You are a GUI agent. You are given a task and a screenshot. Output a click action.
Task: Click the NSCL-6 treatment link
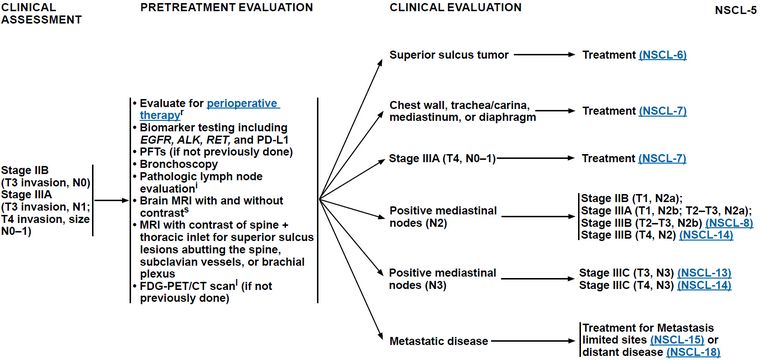pyautogui.click(x=663, y=55)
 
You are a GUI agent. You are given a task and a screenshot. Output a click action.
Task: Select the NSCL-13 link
pyautogui.click(x=707, y=273)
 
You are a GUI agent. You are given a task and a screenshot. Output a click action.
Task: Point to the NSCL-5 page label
pyautogui.click(x=735, y=12)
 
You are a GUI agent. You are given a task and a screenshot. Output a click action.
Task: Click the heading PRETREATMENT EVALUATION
pyautogui.click(x=226, y=8)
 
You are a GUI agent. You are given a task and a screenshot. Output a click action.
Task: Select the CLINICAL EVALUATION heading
pyautogui.click(x=456, y=8)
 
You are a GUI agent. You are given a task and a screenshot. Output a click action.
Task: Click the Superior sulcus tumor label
pyautogui.click(x=449, y=55)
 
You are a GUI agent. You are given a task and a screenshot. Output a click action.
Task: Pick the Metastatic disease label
pyautogui.click(x=439, y=341)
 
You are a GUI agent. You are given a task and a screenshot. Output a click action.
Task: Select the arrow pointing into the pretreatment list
pyautogui.click(x=111, y=200)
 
